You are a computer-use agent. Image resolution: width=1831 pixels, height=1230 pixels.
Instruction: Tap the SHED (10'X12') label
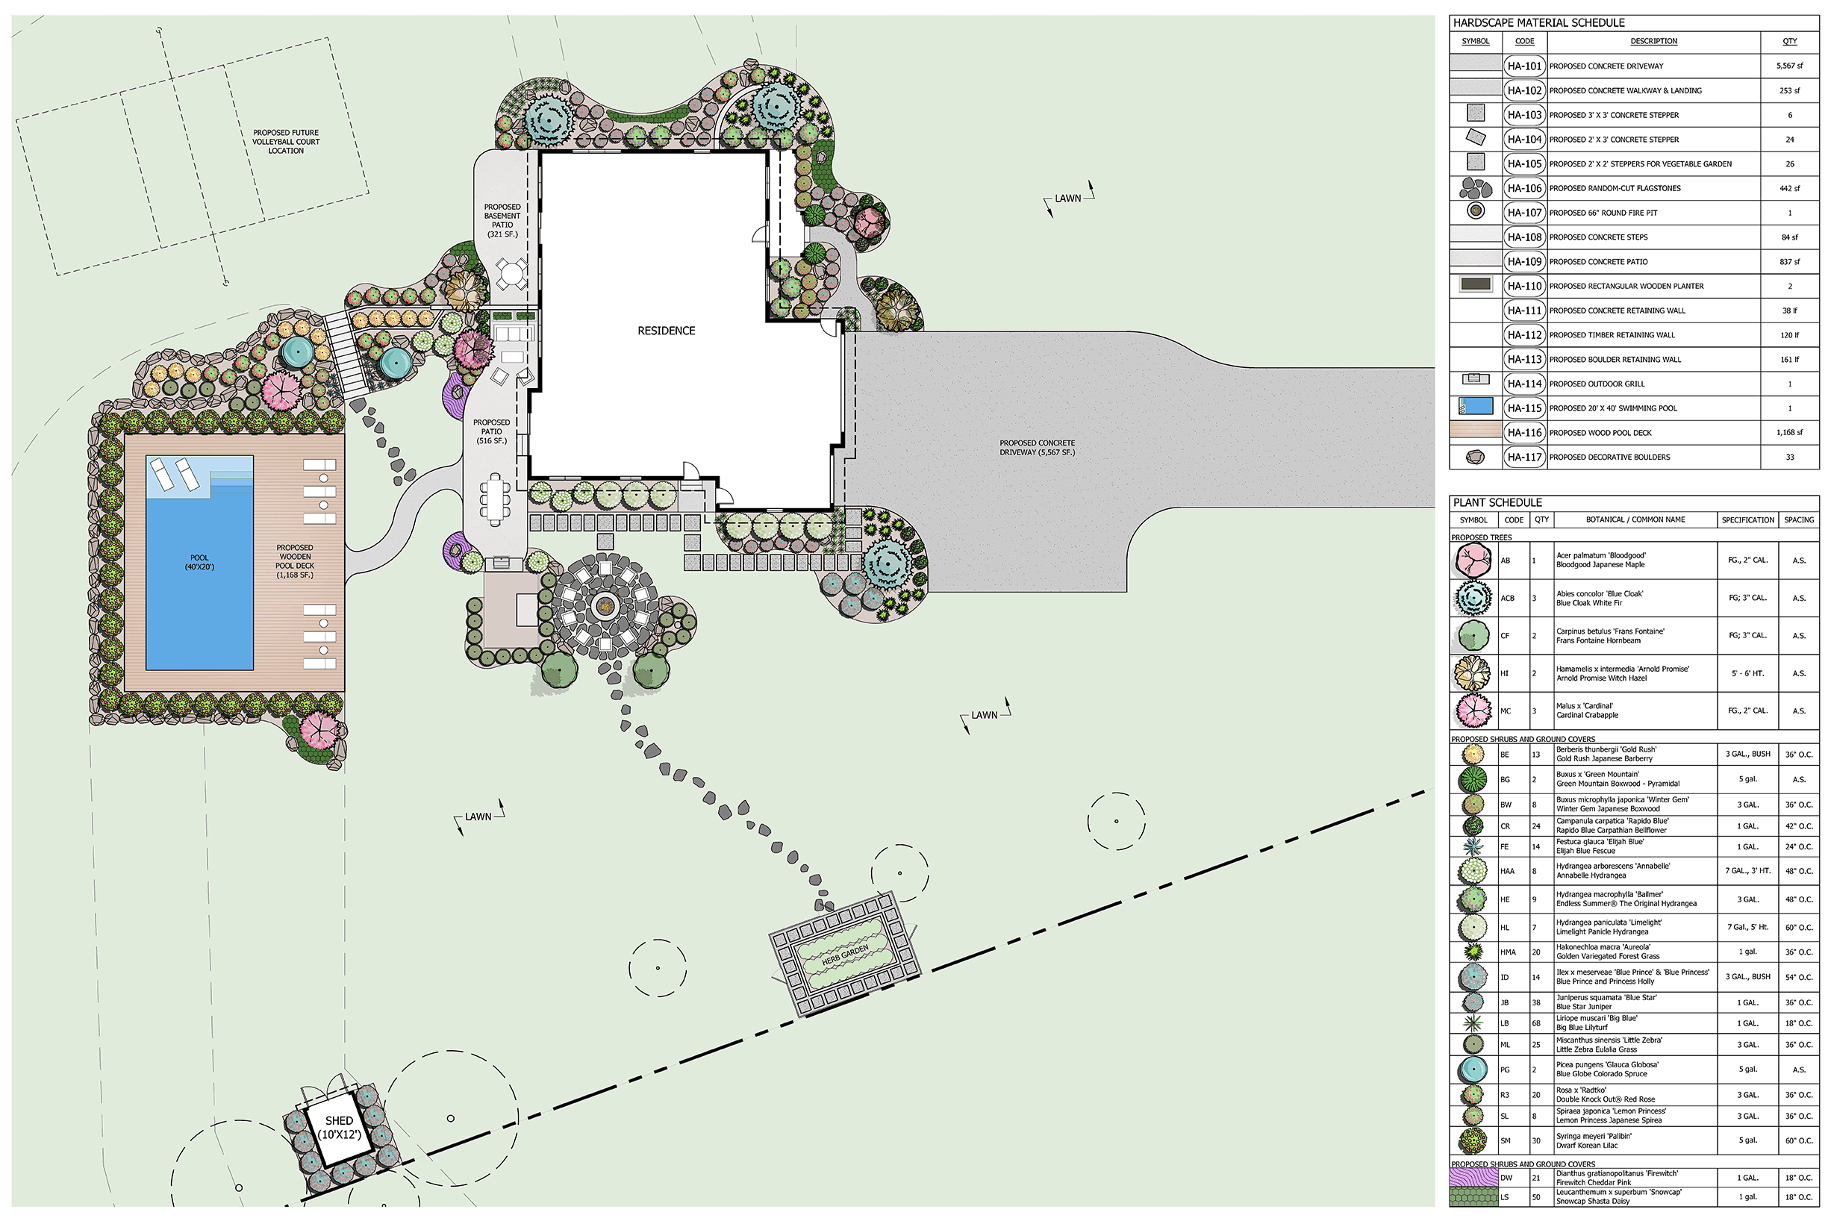339,1127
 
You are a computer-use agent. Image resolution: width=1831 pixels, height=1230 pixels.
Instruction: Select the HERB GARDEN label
845,955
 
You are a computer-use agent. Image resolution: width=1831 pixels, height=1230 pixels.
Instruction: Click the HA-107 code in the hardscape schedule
1524,213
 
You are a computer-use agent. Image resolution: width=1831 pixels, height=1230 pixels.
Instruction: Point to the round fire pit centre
604,605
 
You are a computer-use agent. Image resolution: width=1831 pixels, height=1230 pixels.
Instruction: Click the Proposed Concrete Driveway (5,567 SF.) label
1037,447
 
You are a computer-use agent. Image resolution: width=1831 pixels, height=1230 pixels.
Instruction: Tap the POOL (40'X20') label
199,563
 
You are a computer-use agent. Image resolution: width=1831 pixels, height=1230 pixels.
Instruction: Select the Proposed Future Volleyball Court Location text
286,142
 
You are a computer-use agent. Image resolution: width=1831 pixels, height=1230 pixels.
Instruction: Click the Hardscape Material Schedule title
1538,22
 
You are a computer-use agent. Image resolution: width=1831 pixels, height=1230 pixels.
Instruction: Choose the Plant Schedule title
1497,502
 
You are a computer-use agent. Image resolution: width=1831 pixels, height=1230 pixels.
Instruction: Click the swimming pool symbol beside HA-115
1475,406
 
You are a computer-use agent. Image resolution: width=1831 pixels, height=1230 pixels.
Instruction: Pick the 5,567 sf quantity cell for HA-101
1789,66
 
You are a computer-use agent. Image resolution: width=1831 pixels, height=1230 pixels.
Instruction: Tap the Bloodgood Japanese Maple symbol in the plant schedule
1473,560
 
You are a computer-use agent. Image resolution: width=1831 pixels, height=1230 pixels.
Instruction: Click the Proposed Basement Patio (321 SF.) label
502,220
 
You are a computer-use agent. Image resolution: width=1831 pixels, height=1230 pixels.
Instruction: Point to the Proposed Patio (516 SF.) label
492,431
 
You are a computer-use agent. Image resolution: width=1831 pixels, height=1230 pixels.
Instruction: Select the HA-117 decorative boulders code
1524,457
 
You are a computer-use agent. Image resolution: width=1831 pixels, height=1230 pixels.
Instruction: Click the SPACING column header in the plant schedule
1799,519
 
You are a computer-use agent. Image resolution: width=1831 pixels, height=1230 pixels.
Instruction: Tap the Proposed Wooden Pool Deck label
295,561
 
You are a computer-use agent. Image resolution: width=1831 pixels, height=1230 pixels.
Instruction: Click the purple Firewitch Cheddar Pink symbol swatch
1473,1178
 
